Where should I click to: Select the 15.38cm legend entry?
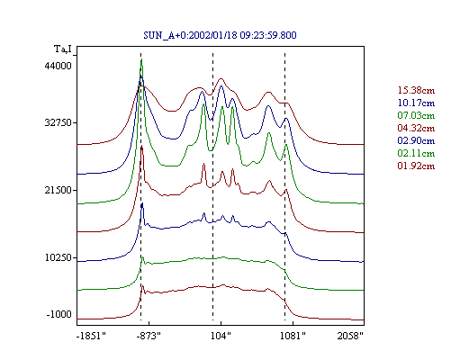tap(416, 90)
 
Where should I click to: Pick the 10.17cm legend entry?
tap(416, 103)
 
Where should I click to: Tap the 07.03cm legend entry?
tap(416, 115)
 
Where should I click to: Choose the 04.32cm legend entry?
tap(416, 128)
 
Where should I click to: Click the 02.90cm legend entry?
tap(416, 140)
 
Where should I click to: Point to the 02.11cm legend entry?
tap(416, 153)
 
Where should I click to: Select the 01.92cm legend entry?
tap(416, 166)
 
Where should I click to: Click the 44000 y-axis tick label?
tap(58, 66)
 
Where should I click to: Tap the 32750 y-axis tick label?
tap(58, 122)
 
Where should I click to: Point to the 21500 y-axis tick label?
tap(58, 190)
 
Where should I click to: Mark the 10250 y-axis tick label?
tap(58, 257)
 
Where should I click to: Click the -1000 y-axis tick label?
tap(59, 314)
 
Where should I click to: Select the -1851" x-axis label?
tap(91, 336)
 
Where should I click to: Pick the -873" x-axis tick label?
tap(149, 336)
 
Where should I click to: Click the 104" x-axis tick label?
tap(221, 336)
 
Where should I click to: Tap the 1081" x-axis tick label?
tap(293, 336)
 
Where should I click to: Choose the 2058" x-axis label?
tap(350, 336)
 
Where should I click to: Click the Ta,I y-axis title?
tap(63, 49)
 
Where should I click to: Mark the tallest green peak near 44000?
tap(141, 60)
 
